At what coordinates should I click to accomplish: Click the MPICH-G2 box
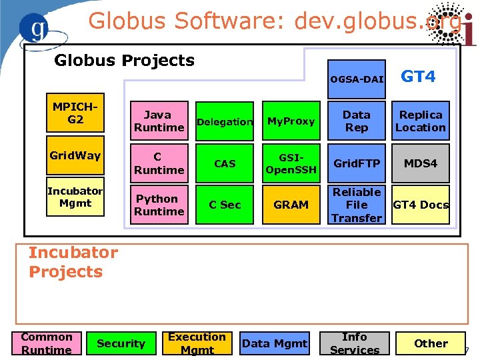click(75, 113)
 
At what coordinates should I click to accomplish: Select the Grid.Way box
click(75, 156)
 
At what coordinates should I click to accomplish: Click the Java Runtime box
click(159, 121)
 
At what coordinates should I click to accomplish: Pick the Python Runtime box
click(159, 205)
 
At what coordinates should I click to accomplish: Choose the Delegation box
click(225, 122)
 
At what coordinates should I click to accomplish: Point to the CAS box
click(225, 163)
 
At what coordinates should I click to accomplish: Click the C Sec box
click(225, 205)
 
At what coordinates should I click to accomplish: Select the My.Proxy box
click(291, 121)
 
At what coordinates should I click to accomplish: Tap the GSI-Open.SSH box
click(291, 163)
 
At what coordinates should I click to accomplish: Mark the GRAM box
click(291, 205)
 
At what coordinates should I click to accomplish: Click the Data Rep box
click(357, 121)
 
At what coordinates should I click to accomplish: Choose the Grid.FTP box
click(357, 163)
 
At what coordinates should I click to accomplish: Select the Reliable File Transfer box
click(357, 205)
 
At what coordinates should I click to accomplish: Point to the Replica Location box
click(421, 121)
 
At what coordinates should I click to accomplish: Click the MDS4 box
click(421, 163)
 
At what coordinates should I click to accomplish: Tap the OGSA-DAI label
click(357, 79)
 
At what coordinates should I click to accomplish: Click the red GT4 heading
click(418, 77)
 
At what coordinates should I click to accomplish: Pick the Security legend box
click(121, 343)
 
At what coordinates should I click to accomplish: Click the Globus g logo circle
click(39, 28)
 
